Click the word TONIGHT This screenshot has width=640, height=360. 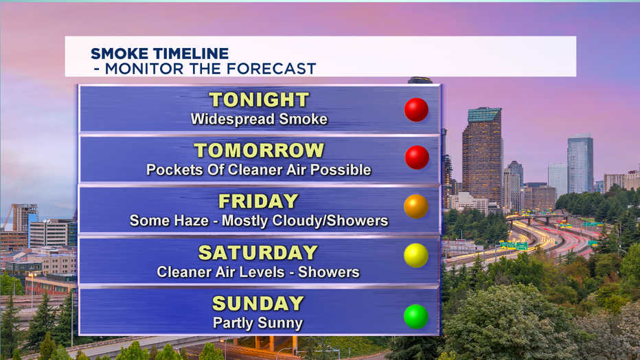tap(259, 100)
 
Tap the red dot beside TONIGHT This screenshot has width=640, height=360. tap(416, 109)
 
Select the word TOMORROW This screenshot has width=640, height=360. tap(259, 150)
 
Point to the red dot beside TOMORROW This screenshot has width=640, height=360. tap(417, 157)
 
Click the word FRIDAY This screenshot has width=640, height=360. tap(259, 201)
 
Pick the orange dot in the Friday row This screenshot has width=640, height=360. tap(416, 207)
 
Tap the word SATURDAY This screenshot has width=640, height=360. tap(258, 253)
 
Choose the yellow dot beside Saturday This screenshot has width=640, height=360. tap(416, 256)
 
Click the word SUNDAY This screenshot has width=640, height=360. tap(258, 303)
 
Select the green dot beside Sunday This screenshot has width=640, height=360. tap(416, 316)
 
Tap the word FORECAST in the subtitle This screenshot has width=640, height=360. tap(271, 69)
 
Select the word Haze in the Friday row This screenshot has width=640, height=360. tap(193, 221)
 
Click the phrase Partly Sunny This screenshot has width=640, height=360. tap(258, 324)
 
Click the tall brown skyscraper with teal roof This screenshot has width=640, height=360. tap(482, 155)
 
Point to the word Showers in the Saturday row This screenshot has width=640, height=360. tap(329, 272)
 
